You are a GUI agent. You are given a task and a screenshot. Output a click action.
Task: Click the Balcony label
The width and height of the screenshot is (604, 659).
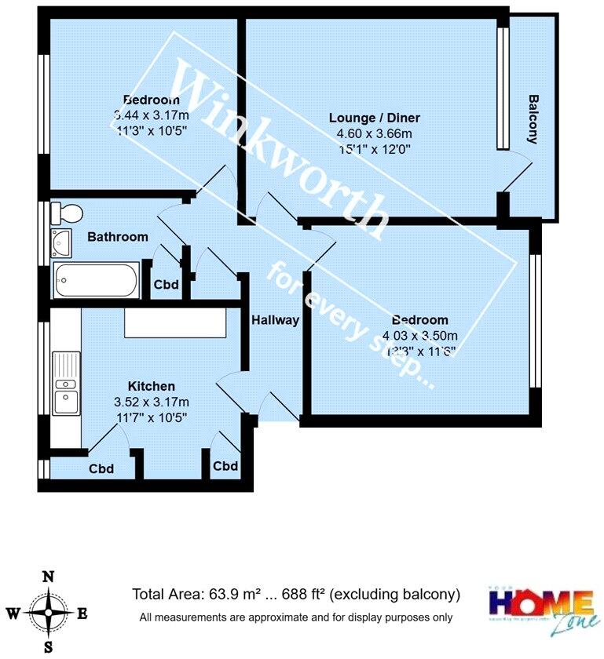coord(533,119)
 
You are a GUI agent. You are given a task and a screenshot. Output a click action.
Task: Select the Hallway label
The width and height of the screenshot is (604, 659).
coord(275,320)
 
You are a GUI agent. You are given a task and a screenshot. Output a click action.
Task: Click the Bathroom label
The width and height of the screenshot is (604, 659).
coord(118,237)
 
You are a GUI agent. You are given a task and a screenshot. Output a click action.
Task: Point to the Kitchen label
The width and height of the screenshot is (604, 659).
coord(151,386)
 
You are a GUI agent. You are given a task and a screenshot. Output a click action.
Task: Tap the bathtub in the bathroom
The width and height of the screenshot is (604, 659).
coord(95,280)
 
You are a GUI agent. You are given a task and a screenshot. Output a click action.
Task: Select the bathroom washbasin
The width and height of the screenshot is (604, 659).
coord(60,242)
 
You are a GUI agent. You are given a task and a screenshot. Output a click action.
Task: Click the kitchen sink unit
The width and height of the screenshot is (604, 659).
coord(64,384)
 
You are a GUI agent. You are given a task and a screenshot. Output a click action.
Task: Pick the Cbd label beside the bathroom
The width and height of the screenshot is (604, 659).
coord(165,286)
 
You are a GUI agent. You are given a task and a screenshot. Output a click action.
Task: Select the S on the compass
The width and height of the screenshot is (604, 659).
coord(48,648)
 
